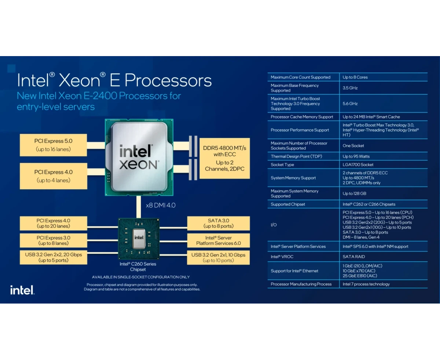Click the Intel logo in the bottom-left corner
point(22,290)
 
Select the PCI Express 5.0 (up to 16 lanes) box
point(53,145)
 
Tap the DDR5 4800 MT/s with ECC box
point(224,158)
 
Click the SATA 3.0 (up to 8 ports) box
point(218,223)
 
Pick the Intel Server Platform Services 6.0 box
point(218,240)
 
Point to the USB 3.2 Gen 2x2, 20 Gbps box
point(53,257)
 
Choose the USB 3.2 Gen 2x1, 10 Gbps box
point(218,257)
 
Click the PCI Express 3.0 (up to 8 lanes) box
point(53,240)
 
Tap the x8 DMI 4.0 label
point(161,205)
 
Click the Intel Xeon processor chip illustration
point(139,157)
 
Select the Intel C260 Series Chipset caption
point(138,267)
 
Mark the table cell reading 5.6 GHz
point(350,104)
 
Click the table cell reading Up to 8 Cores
point(355,77)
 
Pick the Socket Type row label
point(282,165)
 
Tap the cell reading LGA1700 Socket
point(358,165)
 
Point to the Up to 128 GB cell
point(354,194)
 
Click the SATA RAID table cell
point(353,257)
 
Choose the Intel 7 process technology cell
point(366,284)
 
